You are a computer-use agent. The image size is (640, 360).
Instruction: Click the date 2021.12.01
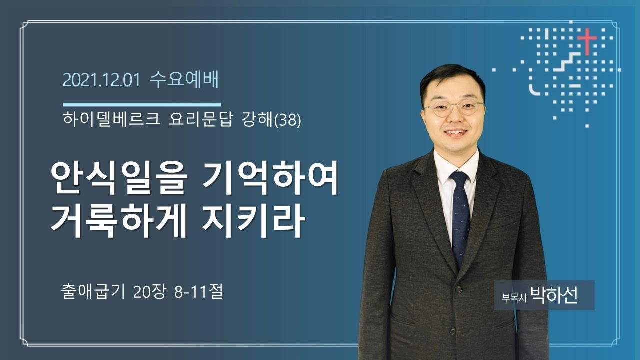click(x=101, y=80)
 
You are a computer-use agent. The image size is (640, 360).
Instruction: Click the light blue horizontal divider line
click(x=142, y=105)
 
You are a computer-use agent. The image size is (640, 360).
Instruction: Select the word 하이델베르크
click(x=111, y=119)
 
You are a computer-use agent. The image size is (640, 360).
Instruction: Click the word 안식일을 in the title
click(x=119, y=180)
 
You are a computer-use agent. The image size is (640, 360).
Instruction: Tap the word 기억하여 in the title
click(x=271, y=179)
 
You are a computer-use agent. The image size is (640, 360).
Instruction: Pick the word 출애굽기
click(x=93, y=292)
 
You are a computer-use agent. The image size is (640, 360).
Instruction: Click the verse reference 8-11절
click(x=198, y=292)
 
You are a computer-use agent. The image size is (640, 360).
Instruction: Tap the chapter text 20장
click(x=149, y=292)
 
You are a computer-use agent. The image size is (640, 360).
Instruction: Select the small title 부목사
click(x=514, y=297)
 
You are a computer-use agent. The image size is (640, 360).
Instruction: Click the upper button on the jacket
click(x=459, y=290)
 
